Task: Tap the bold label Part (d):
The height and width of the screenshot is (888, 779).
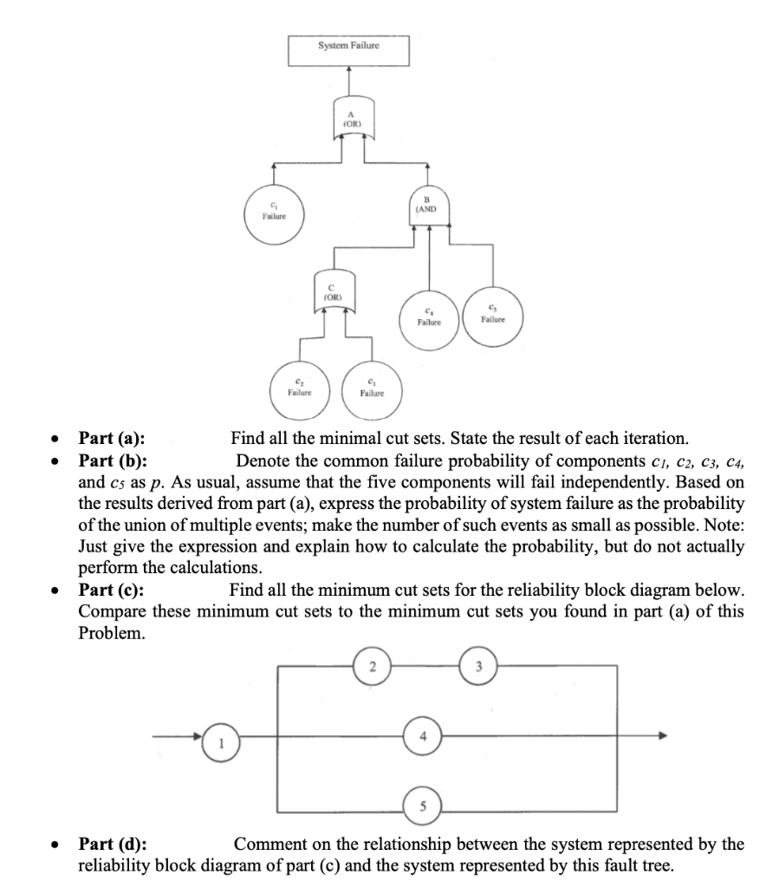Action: click(113, 844)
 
